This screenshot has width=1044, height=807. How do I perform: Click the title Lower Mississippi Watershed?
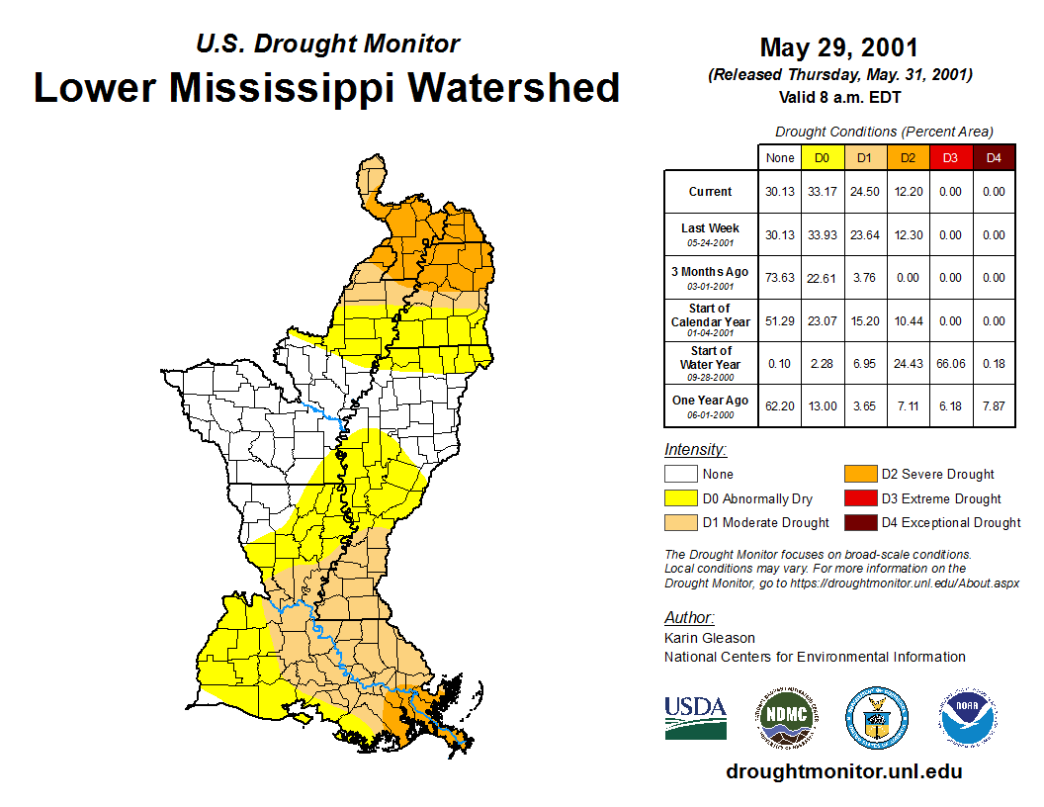[326, 87]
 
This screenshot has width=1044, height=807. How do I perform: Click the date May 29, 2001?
[838, 47]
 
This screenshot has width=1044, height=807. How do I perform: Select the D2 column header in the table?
[907, 157]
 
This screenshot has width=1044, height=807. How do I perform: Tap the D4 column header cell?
[994, 157]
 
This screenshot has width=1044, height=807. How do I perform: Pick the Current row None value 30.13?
[780, 192]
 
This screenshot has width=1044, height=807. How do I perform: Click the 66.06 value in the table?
[950, 364]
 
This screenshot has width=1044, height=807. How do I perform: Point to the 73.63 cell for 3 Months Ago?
[780, 278]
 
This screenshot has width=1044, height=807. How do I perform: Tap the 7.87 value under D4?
[994, 406]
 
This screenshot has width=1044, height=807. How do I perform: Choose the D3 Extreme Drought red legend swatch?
[858, 498]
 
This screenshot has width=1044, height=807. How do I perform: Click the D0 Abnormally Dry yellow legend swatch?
[680, 498]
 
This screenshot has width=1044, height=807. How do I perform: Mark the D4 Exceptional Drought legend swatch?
[858, 522]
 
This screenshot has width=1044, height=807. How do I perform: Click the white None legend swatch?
[680, 474]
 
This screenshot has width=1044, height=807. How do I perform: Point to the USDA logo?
[695, 717]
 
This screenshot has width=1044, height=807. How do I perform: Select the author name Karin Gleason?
[710, 638]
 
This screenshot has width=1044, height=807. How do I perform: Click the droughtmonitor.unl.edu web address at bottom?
[843, 771]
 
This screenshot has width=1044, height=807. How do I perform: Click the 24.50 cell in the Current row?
[863, 192]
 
